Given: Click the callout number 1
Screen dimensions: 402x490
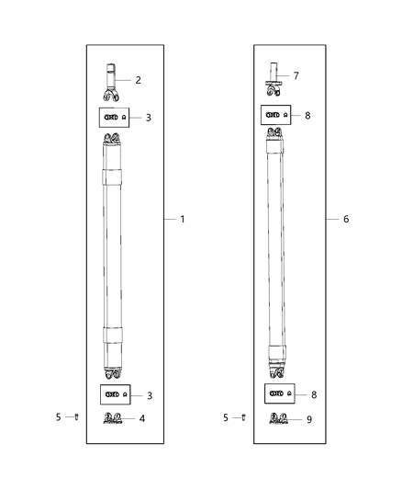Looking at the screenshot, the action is click(183, 219).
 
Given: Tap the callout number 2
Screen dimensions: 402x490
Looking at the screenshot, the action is click(139, 80).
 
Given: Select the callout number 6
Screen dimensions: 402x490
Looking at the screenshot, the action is click(346, 219).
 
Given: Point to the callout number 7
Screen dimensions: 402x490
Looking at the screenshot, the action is click(296, 75).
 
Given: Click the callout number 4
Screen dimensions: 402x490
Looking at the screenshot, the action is click(142, 418).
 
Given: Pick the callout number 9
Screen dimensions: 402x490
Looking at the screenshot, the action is click(309, 419).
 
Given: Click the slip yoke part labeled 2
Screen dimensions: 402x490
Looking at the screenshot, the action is click(111, 83).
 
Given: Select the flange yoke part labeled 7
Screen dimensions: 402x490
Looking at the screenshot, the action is click(274, 79).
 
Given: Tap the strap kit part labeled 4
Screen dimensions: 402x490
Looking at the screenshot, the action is click(113, 418).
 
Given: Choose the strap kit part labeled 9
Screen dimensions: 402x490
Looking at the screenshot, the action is click(278, 418).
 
